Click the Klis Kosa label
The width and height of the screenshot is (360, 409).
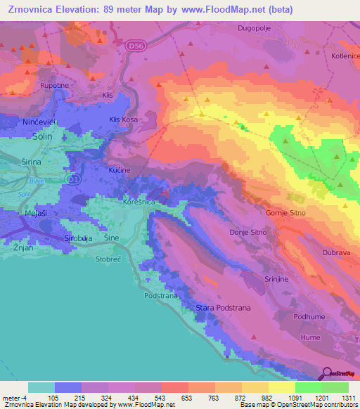[x=124, y=120]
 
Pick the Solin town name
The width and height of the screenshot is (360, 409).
[x=43, y=138]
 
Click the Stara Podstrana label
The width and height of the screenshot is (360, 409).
[x=223, y=308]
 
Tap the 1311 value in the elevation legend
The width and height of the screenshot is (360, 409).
[x=347, y=398]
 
